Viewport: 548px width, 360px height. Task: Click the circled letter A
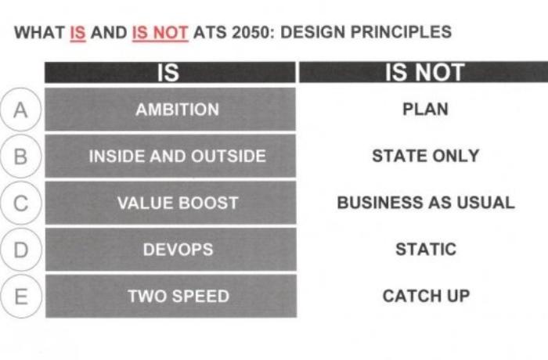click(20, 110)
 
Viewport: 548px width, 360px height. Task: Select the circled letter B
click(20, 157)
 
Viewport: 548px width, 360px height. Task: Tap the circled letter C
click(20, 203)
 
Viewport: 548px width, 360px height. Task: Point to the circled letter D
click(20, 250)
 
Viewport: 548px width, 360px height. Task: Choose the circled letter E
click(21, 297)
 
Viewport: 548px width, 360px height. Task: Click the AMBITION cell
click(170, 109)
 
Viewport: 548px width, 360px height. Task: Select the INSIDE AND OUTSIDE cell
click(170, 156)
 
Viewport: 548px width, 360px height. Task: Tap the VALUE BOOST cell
click(171, 203)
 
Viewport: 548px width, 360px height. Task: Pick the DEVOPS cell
click(171, 250)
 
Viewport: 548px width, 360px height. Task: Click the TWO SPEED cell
click(171, 296)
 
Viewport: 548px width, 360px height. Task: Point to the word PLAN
click(425, 109)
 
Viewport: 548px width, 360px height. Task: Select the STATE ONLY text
click(425, 156)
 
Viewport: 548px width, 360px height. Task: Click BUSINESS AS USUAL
click(426, 203)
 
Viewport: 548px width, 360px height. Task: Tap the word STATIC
click(426, 249)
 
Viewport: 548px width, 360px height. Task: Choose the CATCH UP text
click(426, 296)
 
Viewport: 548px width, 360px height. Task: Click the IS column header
click(170, 72)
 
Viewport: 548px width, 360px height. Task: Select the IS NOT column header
click(424, 72)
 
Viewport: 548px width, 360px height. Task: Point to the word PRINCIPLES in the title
click(401, 32)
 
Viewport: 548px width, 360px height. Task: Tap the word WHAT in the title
click(39, 33)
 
